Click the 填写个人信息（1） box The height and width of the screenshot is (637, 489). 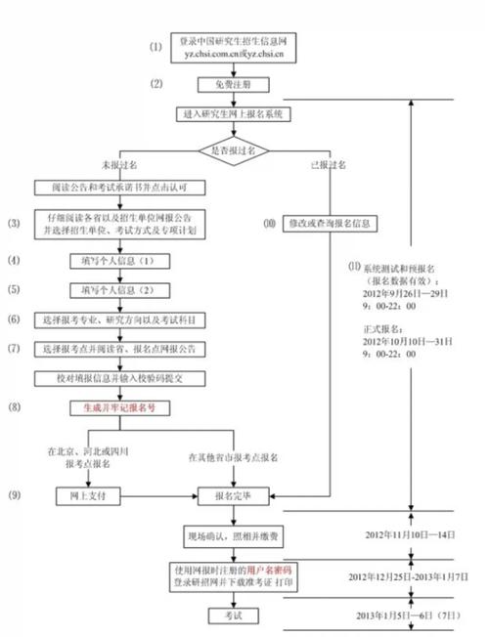coord(118,262)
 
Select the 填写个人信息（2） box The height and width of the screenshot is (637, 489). coord(118,291)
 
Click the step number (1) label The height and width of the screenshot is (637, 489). coord(156,46)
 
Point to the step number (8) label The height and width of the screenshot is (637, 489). coord(15,405)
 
